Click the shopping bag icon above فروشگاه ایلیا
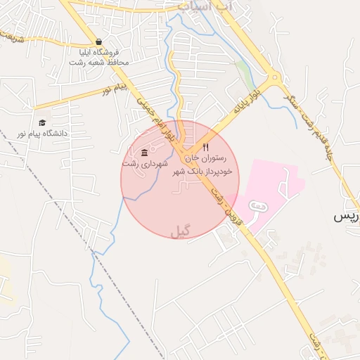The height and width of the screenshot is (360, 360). (x=98, y=41)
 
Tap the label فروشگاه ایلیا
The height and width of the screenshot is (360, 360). (x=98, y=52)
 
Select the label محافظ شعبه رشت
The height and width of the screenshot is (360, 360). (x=98, y=63)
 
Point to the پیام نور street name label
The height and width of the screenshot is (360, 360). (x=116, y=89)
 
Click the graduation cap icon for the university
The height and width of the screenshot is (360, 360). (x=43, y=122)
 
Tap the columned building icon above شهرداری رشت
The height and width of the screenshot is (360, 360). (x=144, y=153)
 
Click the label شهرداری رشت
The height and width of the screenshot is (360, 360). (x=145, y=163)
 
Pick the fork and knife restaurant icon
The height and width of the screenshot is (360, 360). (x=205, y=148)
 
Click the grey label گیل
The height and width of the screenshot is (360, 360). (x=180, y=231)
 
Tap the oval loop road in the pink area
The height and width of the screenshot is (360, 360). (x=258, y=206)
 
